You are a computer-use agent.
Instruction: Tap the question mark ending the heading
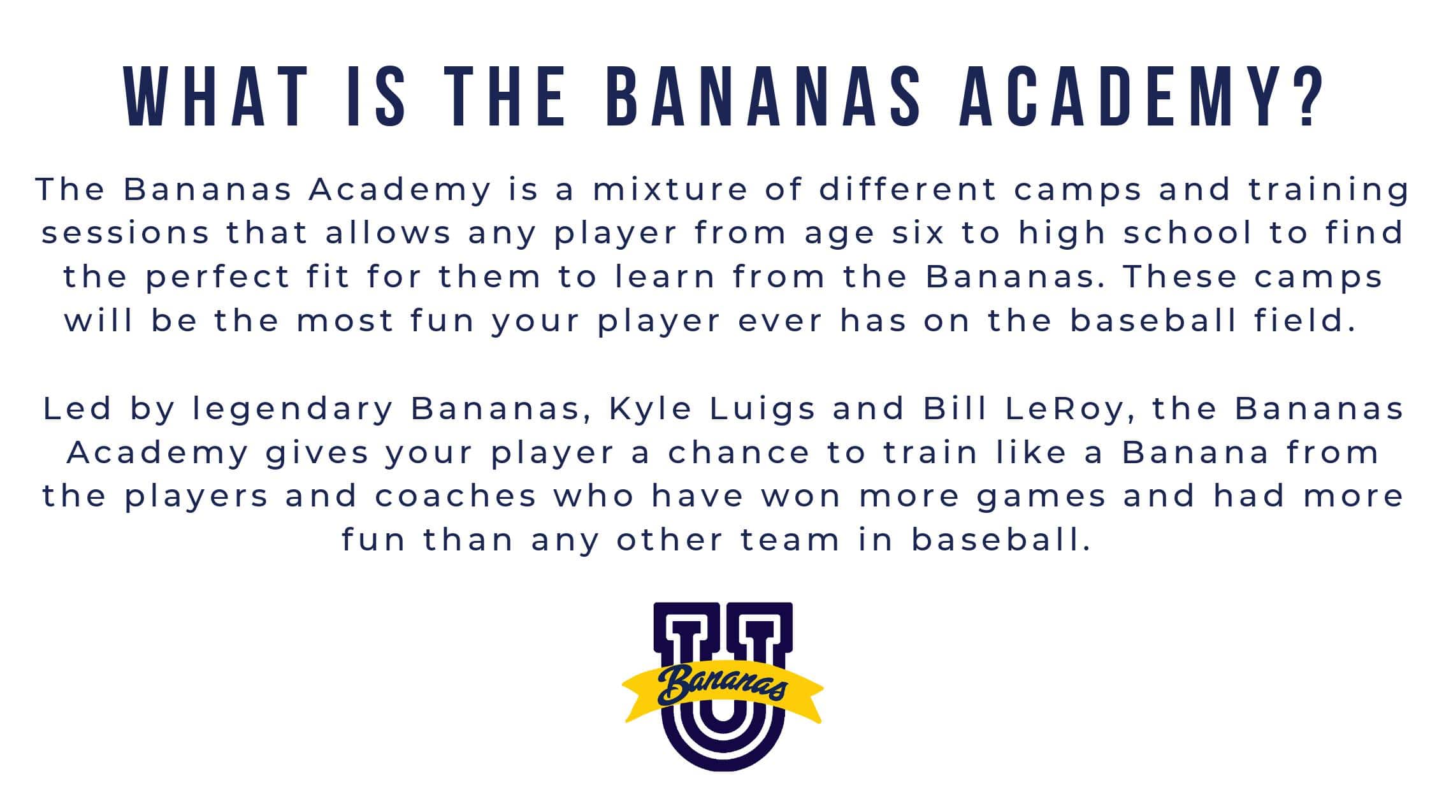click(1304, 97)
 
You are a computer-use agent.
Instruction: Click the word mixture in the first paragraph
click(670, 189)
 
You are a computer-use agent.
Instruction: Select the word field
click(1303, 320)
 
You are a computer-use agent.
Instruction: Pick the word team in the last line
click(791, 540)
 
